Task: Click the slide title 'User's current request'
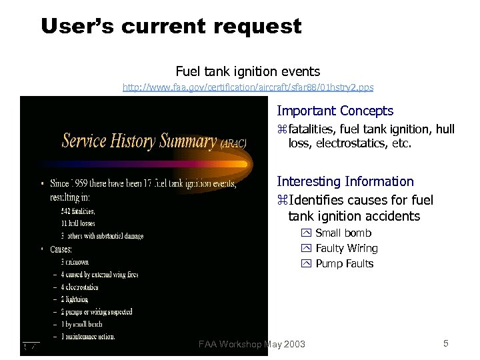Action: (171, 27)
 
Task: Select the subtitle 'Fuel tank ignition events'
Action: (247, 71)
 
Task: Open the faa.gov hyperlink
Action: (248, 87)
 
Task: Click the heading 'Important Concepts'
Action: (335, 111)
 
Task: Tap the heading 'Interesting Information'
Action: (345, 181)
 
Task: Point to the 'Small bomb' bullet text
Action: (343, 233)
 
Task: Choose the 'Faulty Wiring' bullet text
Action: (346, 248)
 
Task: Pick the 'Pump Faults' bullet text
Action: (344, 263)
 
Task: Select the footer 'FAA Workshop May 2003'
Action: (252, 344)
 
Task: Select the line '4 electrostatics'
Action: (79, 287)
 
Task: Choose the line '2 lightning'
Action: (75, 299)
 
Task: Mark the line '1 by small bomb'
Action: (81, 324)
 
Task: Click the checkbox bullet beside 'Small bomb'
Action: (307, 233)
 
